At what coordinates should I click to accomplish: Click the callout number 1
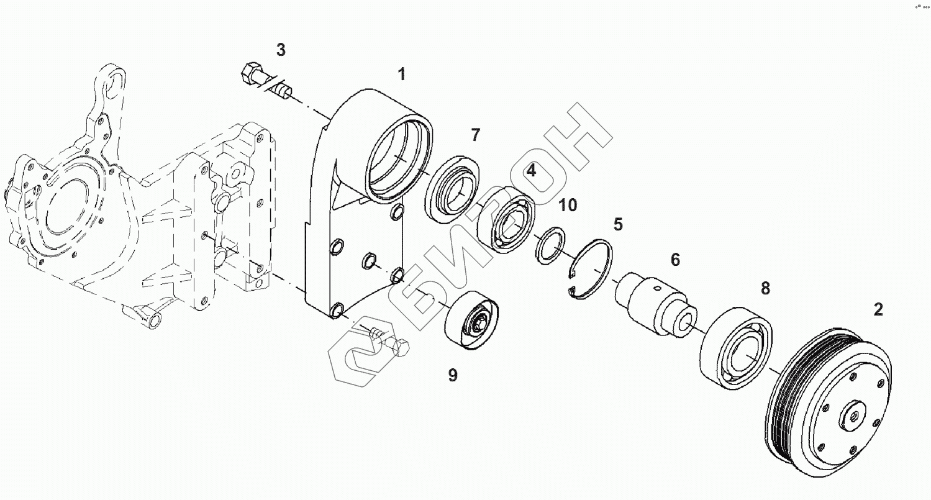[x=402, y=75]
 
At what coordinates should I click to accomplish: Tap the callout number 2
[x=878, y=309]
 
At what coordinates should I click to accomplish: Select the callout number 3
[x=281, y=50]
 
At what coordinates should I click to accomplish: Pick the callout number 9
[x=453, y=375]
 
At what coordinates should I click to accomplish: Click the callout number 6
[x=675, y=260]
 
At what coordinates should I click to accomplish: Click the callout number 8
[x=765, y=288]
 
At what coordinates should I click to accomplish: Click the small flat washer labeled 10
[x=550, y=245]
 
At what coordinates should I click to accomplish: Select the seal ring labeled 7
[x=455, y=188]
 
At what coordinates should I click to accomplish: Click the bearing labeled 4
[x=506, y=220]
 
